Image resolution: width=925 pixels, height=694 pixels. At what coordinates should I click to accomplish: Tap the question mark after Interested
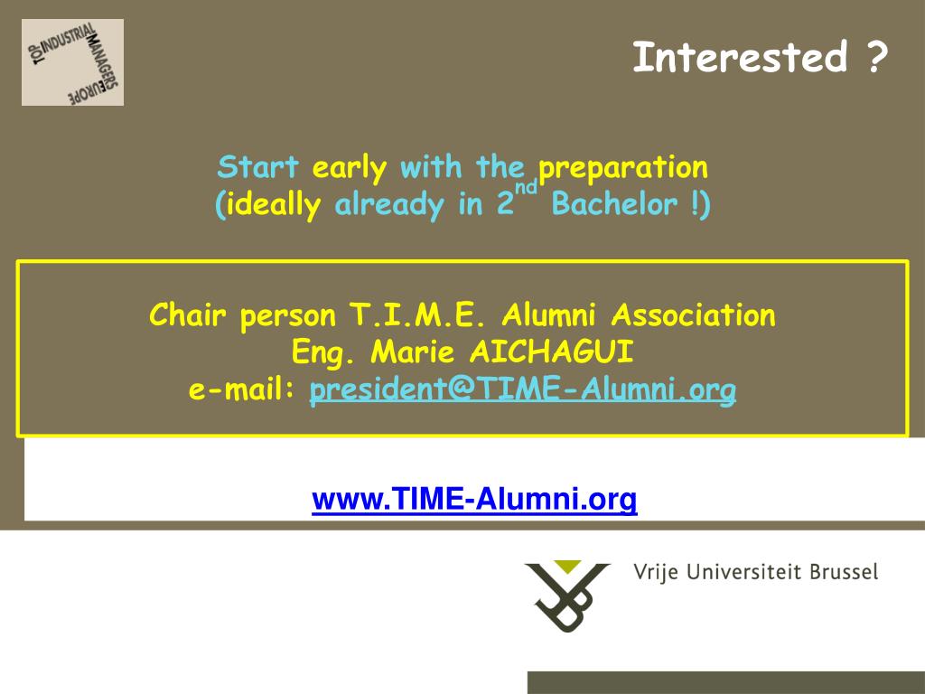coord(878,57)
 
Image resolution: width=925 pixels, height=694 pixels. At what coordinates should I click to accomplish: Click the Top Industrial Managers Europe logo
coord(72,62)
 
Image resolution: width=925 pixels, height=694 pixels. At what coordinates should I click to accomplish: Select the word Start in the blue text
coord(258,166)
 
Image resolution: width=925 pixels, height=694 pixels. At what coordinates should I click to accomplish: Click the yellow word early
coord(350,169)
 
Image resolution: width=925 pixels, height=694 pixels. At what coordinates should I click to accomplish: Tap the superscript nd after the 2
coord(527,187)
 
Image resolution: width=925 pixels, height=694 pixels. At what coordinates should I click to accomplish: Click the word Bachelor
coord(614,204)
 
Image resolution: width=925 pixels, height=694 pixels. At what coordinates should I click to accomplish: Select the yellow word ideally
coord(274,206)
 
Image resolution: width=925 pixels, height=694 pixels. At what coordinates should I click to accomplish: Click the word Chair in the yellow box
coord(188,314)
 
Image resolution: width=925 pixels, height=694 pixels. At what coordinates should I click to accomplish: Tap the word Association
coord(693,314)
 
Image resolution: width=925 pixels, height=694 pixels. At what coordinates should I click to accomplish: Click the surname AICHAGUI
coord(552,352)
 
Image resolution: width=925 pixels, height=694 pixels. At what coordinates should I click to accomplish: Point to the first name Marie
coord(413,352)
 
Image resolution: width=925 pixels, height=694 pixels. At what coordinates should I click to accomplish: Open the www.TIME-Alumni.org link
coord(474,499)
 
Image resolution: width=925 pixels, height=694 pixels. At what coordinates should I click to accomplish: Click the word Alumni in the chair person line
coord(548,314)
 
